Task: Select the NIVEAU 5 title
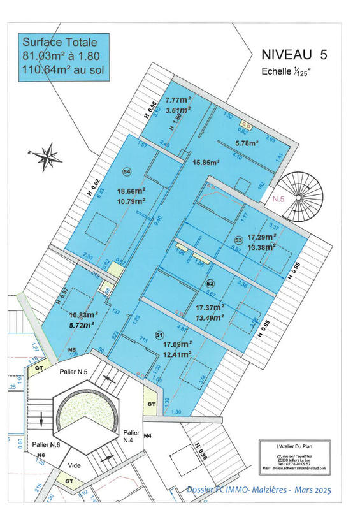[294, 55]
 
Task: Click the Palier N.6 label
[47, 444]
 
